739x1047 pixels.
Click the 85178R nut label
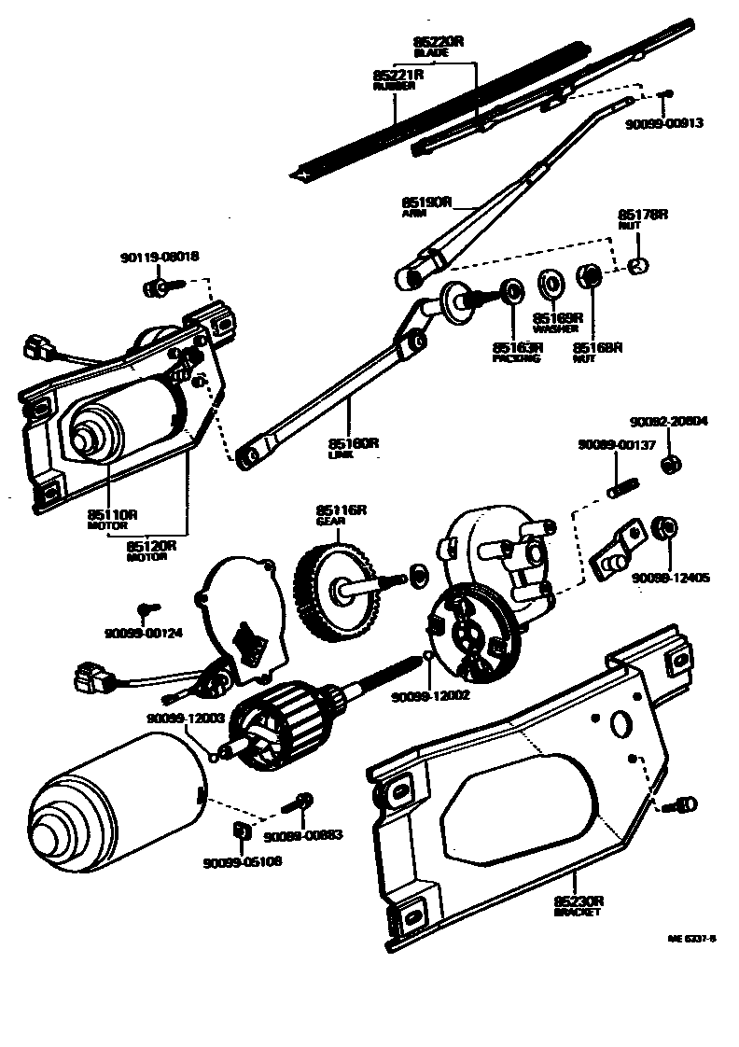tap(644, 216)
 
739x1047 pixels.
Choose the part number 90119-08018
tap(160, 257)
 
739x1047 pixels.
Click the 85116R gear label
tap(341, 510)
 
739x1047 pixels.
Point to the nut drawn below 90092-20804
tap(669, 464)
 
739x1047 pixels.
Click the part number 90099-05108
tap(242, 861)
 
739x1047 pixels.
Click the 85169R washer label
tap(558, 318)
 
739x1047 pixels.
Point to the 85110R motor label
tap(113, 514)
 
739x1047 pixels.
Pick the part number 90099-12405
tap(671, 579)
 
